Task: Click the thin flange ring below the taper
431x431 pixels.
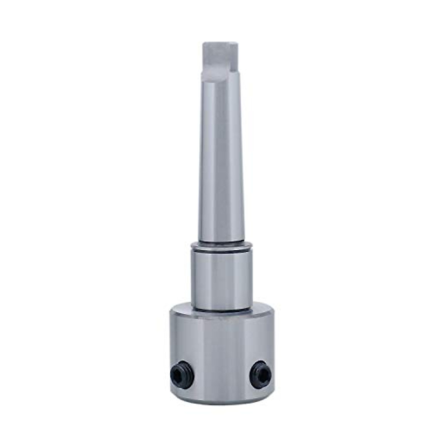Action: point(222,246)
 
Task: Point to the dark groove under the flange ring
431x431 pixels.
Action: point(222,251)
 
